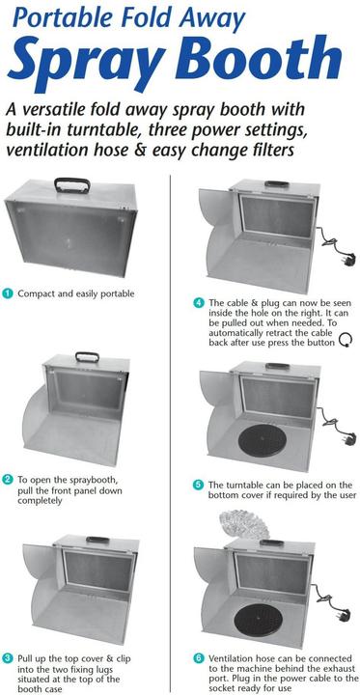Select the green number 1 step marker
pos(7,292)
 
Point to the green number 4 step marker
pos(198,301)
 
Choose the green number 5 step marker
pos(198,484)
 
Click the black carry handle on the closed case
pos(72,183)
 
